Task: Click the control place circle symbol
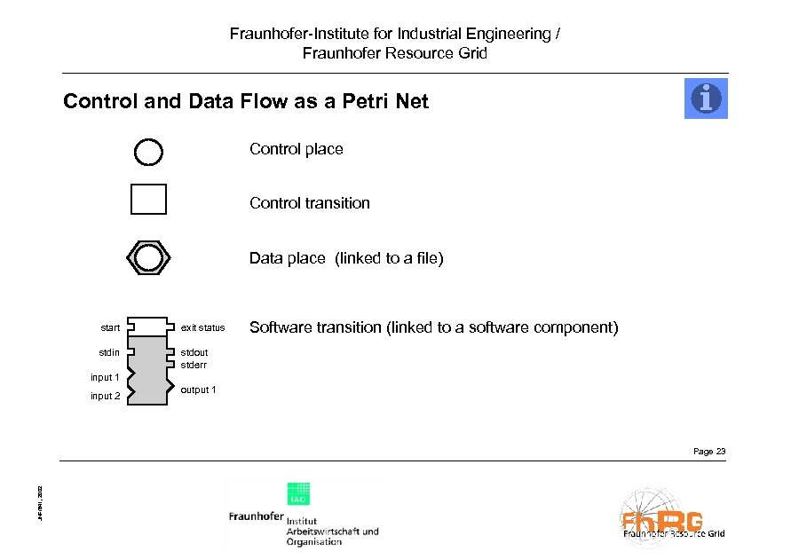(148, 152)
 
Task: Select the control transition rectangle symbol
(148, 200)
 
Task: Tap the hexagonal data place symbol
(148, 256)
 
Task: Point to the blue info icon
(706, 98)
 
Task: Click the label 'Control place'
(296, 149)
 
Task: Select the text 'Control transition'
(309, 203)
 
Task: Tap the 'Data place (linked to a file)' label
(345, 258)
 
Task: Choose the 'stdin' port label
(109, 353)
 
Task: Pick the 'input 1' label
(105, 377)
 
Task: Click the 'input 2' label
(105, 396)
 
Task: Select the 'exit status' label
(202, 328)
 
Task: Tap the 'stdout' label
(194, 353)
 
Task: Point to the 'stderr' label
(194, 364)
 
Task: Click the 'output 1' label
(198, 390)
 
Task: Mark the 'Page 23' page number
(708, 452)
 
